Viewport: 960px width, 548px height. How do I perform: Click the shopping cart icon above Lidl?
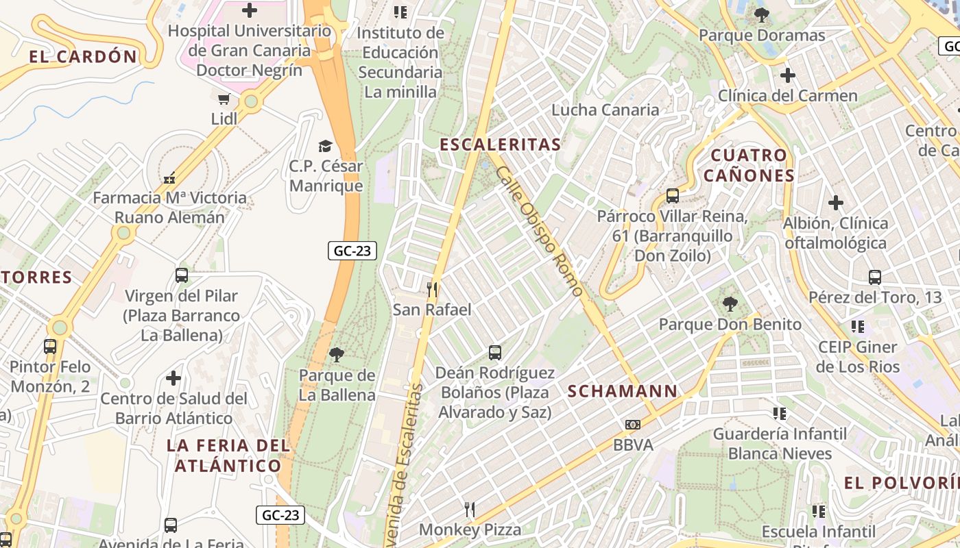[224, 100]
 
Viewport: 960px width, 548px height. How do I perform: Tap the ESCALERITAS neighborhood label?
[500, 145]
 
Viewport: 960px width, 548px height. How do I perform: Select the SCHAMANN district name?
[623, 391]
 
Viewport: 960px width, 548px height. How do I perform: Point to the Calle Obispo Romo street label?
[540, 231]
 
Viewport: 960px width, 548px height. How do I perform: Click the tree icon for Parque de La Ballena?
[337, 354]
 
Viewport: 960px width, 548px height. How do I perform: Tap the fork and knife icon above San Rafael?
[432, 290]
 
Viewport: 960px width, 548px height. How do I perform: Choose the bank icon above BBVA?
[632, 425]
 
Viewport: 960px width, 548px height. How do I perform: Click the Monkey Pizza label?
[470, 530]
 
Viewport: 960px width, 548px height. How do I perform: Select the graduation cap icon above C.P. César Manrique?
[325, 146]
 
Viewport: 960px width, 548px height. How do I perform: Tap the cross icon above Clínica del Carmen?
[788, 75]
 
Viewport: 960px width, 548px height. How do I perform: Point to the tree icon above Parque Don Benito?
[730, 303]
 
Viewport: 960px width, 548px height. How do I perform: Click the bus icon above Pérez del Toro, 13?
[875, 277]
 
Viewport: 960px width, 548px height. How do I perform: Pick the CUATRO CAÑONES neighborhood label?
[749, 165]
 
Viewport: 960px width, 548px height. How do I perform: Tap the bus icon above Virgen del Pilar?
[182, 275]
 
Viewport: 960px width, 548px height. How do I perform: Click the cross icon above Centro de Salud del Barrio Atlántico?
[173, 377]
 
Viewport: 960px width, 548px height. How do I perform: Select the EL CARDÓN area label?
[83, 57]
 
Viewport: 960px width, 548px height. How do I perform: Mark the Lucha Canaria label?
[605, 110]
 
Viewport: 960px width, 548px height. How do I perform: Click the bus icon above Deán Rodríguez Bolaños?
[495, 353]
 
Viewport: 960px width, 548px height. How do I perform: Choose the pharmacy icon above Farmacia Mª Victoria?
[169, 178]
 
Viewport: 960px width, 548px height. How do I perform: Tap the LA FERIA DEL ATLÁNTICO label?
[228, 456]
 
